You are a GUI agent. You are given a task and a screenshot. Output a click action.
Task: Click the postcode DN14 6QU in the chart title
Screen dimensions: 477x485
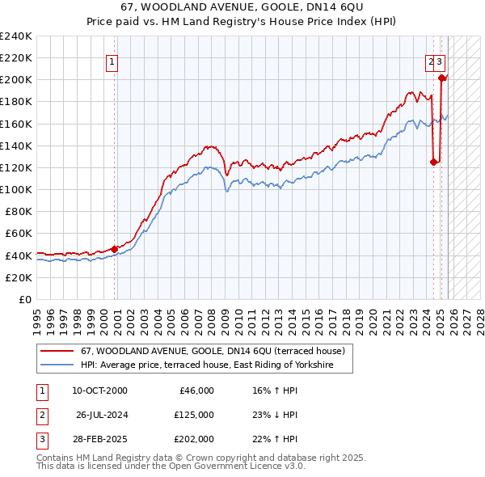[329, 7]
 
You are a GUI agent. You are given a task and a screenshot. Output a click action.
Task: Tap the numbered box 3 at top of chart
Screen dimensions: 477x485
[439, 60]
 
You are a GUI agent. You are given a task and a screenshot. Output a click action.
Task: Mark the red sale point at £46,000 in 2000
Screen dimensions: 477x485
[115, 249]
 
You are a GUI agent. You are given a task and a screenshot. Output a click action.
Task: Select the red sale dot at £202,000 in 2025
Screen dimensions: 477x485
[442, 78]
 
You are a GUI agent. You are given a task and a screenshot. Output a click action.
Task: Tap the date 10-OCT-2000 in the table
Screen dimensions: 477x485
[99, 390]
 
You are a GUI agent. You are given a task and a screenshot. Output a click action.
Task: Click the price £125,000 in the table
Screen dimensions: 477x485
[194, 415]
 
